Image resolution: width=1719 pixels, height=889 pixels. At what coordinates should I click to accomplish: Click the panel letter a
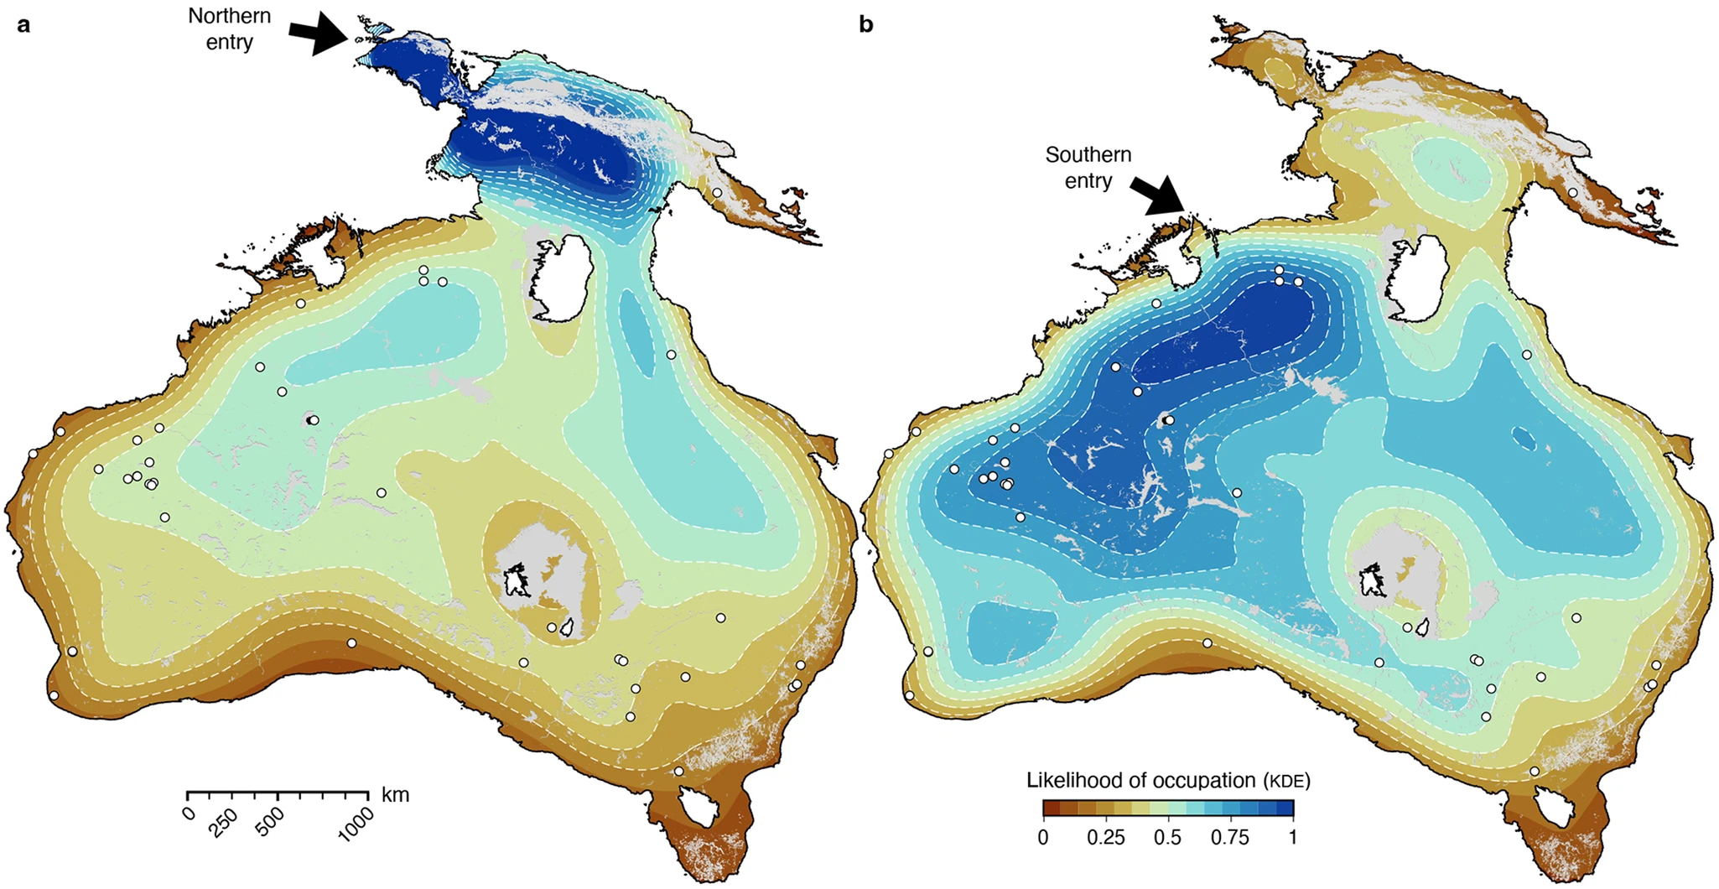pos(24,25)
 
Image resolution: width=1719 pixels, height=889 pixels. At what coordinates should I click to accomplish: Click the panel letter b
pos(866,25)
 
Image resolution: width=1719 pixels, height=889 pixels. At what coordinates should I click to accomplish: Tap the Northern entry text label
pos(229,29)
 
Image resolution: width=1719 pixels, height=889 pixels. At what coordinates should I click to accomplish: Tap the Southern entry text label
pos(1088,168)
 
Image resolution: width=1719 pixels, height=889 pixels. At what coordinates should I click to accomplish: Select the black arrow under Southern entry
pos(1158,195)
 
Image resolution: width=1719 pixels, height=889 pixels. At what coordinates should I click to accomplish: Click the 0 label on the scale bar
pos(189,813)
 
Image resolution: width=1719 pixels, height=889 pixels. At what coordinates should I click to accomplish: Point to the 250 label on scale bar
pos(224,823)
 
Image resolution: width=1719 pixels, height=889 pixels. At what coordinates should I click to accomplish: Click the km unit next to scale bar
pos(395,794)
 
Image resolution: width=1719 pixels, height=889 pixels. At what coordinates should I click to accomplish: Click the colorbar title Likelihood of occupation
pos(1167,780)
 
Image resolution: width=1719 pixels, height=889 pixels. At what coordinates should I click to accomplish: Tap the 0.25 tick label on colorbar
pos(1105,837)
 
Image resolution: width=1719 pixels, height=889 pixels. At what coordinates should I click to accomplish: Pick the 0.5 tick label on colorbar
pos(1167,837)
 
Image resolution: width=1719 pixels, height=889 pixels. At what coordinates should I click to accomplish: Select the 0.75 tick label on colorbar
pos(1230,837)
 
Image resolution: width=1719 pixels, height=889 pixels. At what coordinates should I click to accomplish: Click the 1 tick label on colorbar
pos(1292,837)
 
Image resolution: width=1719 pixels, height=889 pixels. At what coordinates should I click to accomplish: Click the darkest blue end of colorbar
pos(1287,808)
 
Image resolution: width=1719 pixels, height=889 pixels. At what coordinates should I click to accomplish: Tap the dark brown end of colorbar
pos(1049,808)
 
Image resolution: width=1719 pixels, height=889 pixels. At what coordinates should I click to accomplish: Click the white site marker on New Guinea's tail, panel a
pos(717,192)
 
